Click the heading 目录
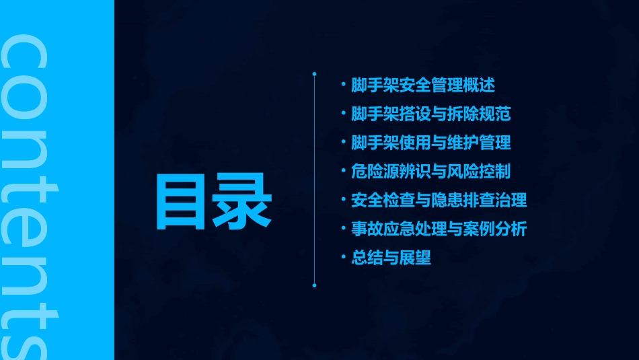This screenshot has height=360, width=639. (214, 202)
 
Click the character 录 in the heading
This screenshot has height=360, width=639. (243, 202)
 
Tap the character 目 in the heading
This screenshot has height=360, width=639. (183, 202)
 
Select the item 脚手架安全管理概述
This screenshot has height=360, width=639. (423, 85)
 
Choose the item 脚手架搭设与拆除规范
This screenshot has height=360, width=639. (431, 114)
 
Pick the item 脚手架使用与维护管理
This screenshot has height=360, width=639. (431, 143)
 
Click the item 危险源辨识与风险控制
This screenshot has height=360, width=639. (431, 171)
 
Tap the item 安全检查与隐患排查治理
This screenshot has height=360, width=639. (439, 200)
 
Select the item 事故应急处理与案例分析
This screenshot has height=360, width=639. (439, 229)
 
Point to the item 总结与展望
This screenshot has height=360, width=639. (391, 258)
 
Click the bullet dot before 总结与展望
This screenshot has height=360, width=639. (344, 258)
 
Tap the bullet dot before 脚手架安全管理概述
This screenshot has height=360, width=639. (344, 85)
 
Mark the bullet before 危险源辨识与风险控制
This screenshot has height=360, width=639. (344, 172)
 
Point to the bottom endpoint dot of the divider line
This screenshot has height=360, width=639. (314, 285)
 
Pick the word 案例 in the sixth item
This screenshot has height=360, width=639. (479, 229)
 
